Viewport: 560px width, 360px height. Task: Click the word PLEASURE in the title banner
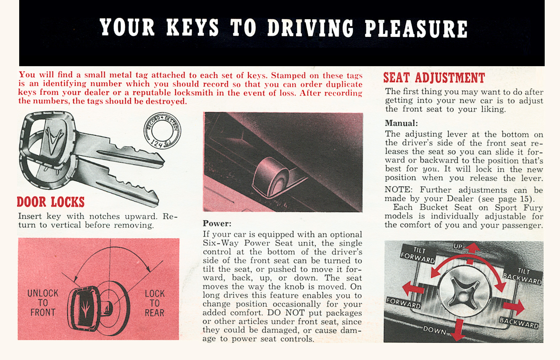point(416,28)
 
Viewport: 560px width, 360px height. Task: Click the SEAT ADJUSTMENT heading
point(434,78)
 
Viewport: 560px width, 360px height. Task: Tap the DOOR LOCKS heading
point(51,202)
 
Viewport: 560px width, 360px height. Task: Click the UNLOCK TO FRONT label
point(43,303)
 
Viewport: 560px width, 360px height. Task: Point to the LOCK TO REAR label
point(154,303)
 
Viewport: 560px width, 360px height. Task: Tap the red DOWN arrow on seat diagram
point(459,329)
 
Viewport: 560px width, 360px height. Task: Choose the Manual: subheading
point(401,123)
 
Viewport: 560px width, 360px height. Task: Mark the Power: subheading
point(217,224)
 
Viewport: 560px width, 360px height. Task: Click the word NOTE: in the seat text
point(398,190)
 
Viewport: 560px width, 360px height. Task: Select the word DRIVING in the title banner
point(310,28)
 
